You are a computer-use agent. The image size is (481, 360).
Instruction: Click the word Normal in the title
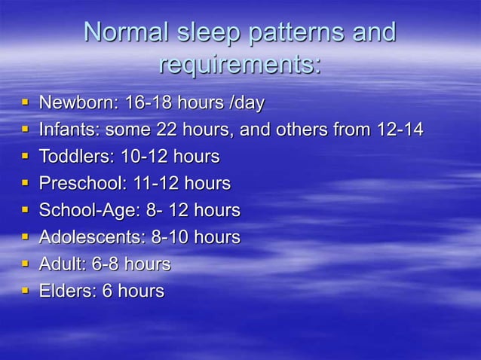(126, 32)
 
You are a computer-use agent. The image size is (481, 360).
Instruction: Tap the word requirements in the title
(239, 65)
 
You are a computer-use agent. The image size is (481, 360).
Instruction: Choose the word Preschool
(80, 183)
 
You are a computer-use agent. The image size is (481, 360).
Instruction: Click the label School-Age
(85, 210)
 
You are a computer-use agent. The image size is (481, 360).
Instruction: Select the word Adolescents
(91, 237)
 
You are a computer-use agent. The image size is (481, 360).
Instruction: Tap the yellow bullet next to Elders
(26, 290)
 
